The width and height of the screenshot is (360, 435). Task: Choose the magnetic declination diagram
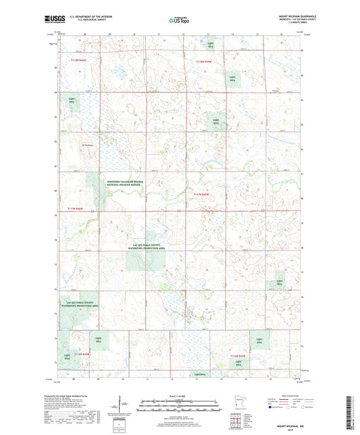(120, 405)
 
